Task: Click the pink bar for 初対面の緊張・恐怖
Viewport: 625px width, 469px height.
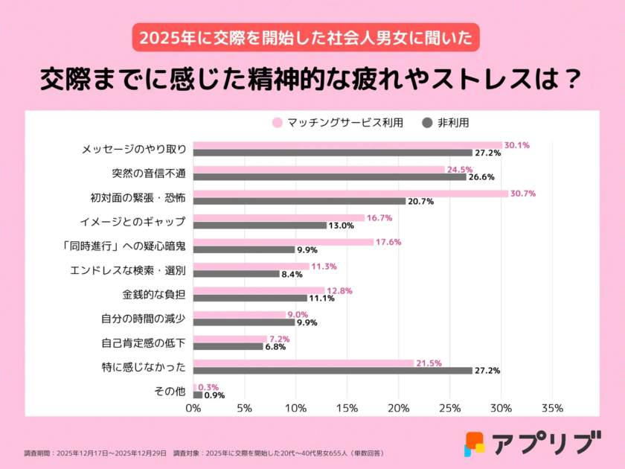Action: coord(350,194)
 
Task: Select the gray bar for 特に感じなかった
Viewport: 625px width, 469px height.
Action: coord(333,370)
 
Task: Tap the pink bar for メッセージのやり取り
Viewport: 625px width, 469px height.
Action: coord(347,145)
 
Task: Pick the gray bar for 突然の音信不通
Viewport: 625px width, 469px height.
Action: coord(330,176)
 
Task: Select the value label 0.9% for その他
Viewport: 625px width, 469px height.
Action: coord(214,395)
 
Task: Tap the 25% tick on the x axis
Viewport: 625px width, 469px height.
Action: coord(449,408)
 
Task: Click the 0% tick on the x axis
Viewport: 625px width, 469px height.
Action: coord(193,408)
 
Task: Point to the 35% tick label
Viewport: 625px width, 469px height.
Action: coord(552,408)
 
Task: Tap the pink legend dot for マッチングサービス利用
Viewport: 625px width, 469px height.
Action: coord(278,122)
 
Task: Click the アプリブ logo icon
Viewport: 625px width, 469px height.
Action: coord(475,443)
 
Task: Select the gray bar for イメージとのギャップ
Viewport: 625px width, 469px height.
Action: coord(260,225)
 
